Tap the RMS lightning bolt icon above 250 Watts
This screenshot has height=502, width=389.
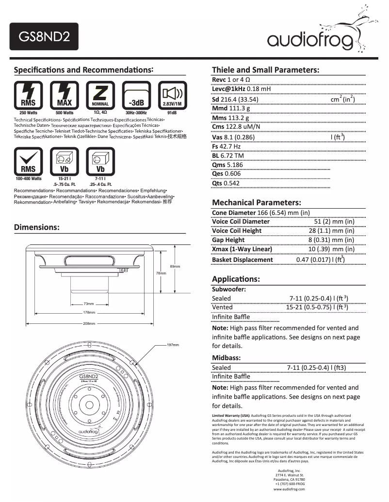tap(28, 94)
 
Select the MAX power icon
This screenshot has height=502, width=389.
tap(65, 94)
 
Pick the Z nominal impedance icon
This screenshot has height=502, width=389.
tap(100, 94)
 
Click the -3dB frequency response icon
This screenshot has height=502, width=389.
tap(136, 94)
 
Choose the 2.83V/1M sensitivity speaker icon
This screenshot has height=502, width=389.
tap(172, 94)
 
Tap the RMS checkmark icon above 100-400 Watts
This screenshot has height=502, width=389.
tap(28, 161)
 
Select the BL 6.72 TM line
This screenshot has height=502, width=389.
tap(228, 155)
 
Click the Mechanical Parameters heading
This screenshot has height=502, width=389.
tap(257, 202)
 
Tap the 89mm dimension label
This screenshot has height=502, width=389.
tap(175, 267)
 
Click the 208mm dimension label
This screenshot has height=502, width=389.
tap(89, 323)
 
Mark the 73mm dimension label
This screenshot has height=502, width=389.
tap(89, 304)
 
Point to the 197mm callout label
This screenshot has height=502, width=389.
tap(173, 345)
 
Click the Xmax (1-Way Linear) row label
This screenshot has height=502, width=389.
tap(242, 249)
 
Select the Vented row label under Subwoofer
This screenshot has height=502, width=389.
tap(222, 307)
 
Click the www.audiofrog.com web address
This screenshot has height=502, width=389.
tap(289, 489)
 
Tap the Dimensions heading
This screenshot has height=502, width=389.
tap(37, 227)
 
